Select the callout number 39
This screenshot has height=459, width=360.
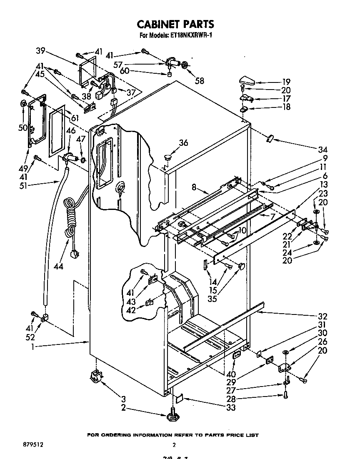pyautogui.click(x=40, y=51)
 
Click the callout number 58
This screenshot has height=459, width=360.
pyautogui.click(x=200, y=80)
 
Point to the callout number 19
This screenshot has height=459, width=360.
pyautogui.click(x=286, y=82)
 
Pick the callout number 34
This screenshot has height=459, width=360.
pyautogui.click(x=322, y=150)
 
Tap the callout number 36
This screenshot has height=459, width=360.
pyautogui.click(x=183, y=143)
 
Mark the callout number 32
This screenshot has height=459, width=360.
pyautogui.click(x=322, y=316)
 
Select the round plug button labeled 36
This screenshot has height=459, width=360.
pyautogui.click(x=168, y=157)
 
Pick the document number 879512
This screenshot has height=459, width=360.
pyautogui.click(x=34, y=445)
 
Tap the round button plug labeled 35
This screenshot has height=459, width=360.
pyautogui.click(x=241, y=265)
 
